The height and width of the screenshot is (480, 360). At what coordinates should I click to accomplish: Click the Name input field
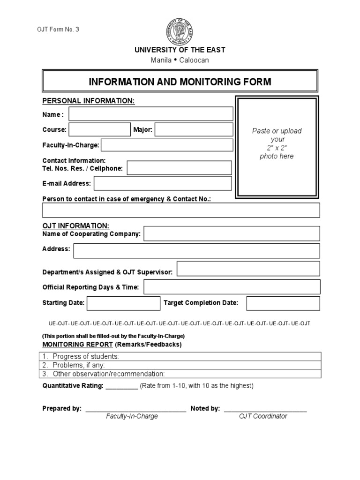(151, 114)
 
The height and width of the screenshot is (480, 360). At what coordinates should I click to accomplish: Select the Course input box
(100, 129)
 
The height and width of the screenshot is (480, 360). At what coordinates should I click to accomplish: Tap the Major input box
(194, 129)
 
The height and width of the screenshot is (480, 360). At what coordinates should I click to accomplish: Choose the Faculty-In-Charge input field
(167, 145)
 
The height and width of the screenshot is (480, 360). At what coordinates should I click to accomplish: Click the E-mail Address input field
(163, 183)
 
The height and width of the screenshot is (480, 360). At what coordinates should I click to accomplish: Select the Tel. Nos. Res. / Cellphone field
(179, 168)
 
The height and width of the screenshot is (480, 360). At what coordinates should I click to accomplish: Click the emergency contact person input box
(181, 211)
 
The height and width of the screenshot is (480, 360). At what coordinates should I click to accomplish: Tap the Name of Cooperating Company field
(232, 233)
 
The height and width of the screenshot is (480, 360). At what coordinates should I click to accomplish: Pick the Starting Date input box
(123, 303)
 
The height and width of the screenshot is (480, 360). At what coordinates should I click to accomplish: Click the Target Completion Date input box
(283, 303)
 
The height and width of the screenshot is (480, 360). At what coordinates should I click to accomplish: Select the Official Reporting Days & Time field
(232, 287)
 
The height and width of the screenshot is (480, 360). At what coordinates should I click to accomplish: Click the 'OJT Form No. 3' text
(58, 30)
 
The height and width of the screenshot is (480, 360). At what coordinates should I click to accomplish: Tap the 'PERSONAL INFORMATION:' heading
(89, 101)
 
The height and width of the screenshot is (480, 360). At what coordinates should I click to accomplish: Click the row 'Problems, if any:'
(181, 365)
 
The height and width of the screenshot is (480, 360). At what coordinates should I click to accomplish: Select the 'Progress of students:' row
(181, 357)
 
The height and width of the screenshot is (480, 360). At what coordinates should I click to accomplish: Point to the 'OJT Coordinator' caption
(262, 416)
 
